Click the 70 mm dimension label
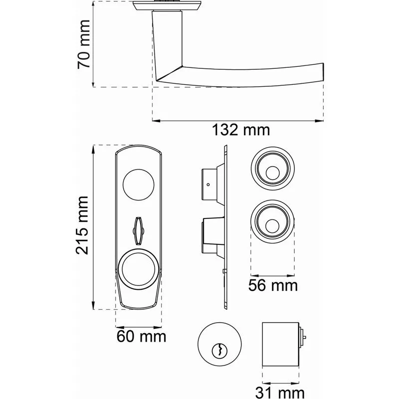[x=84, y=44]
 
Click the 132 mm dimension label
[x=241, y=130]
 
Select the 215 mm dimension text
[x=82, y=225]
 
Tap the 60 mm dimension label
[x=141, y=336]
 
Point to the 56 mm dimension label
[x=273, y=285]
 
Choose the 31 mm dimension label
[x=280, y=393]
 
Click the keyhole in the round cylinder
[x=219, y=351]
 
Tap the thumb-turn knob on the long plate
[x=139, y=231]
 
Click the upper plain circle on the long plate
[x=139, y=184]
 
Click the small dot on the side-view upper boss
[x=208, y=185]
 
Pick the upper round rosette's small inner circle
[x=272, y=173]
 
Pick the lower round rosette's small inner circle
[x=272, y=226]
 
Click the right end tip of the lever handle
[x=323, y=72]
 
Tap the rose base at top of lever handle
[x=167, y=6]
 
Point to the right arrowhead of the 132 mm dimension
[x=319, y=121]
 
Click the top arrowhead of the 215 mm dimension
[x=93, y=150]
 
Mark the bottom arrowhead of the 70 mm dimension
[x=93, y=82]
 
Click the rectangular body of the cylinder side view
[x=280, y=344]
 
